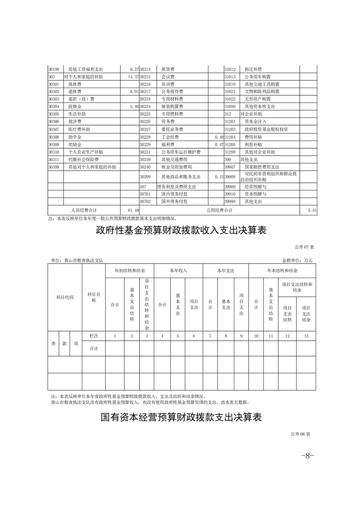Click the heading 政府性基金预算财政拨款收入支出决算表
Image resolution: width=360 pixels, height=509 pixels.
(181, 230)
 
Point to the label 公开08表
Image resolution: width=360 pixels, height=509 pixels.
(300, 434)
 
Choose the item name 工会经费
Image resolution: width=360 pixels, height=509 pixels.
(170, 137)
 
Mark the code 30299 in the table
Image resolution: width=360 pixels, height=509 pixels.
(145, 177)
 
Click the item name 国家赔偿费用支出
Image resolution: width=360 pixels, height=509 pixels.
(261, 167)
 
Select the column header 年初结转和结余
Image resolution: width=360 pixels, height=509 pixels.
(129, 270)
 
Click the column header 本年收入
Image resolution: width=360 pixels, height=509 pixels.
(178, 270)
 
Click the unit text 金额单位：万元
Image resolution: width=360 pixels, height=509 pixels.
(297, 260)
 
